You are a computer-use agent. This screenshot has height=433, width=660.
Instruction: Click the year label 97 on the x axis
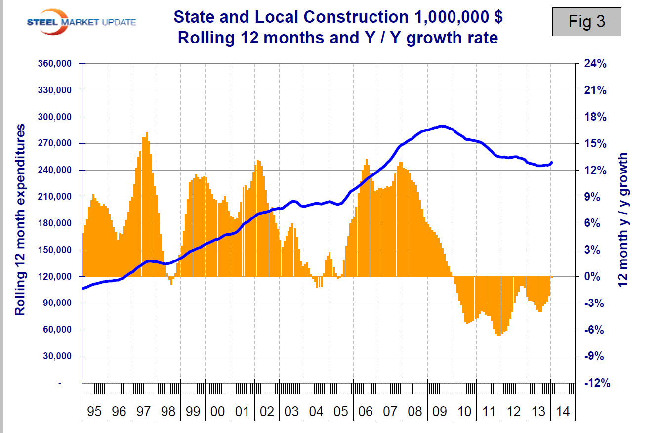pyautogui.click(x=143, y=412)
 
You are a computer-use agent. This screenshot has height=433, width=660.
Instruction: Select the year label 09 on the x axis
pyautogui.click(x=439, y=412)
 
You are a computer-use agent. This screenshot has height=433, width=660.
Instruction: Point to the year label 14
pyautogui.click(x=562, y=412)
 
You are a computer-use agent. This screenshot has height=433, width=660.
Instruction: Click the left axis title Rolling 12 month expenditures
pyautogui.click(x=20, y=220)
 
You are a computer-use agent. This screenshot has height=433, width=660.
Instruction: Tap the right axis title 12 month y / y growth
pyautogui.click(x=623, y=220)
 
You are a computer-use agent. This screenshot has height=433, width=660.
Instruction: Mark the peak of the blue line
pyautogui.click(x=441, y=126)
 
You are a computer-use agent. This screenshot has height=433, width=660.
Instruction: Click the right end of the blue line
pyautogui.click(x=551, y=162)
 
